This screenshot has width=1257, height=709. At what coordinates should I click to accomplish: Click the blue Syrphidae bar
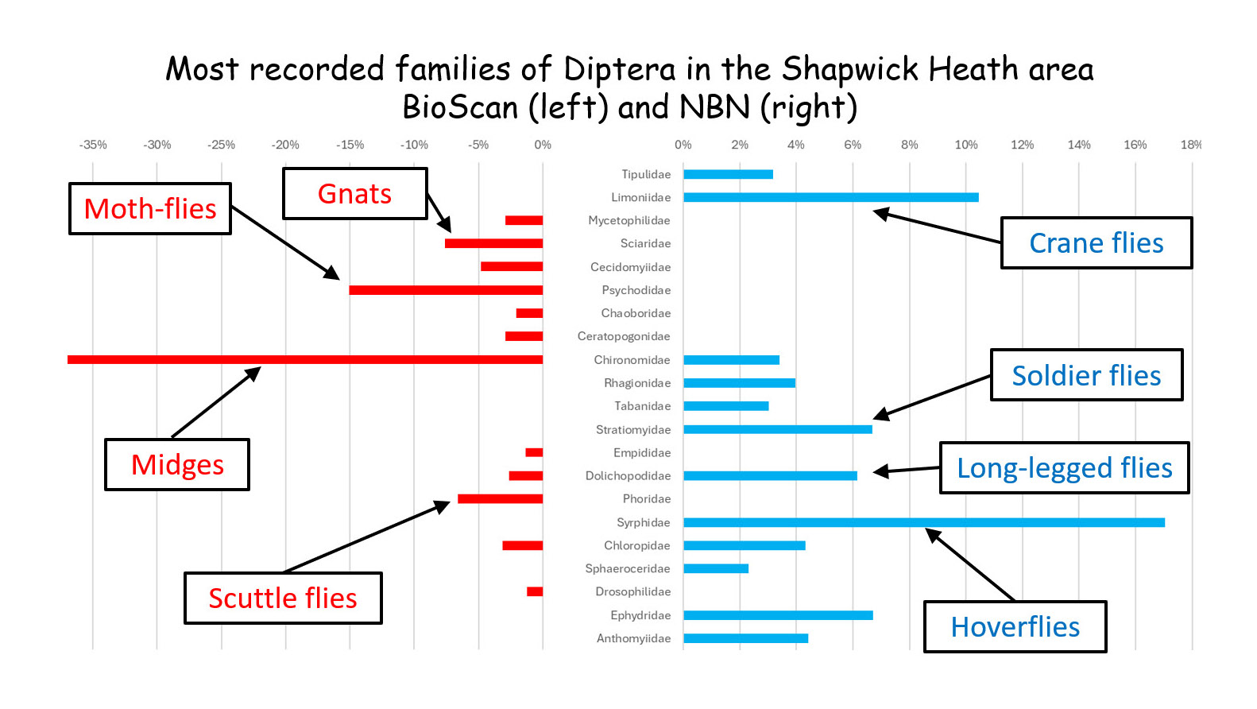(923, 522)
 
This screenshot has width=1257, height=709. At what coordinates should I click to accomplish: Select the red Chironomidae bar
(305, 359)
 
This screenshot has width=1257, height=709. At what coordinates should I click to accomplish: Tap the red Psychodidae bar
(446, 290)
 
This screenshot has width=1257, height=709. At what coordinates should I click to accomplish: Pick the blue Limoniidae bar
(830, 197)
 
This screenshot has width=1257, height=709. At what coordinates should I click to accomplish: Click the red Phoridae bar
(500, 499)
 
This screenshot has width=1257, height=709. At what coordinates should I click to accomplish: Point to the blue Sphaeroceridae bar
(715, 568)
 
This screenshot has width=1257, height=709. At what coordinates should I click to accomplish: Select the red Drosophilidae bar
(535, 591)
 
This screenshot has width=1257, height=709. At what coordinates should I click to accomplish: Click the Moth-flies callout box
(150, 209)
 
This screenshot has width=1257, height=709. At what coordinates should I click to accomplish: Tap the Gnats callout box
(354, 194)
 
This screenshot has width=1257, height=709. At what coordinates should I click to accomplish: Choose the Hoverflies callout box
(1015, 627)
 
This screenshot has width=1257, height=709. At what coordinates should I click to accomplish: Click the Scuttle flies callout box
(283, 599)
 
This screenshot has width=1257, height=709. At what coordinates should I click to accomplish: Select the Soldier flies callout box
(1086, 375)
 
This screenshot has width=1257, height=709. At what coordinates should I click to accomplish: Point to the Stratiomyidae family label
(633, 430)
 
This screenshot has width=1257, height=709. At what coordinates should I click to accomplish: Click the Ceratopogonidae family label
(624, 336)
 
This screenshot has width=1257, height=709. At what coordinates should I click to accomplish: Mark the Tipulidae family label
(646, 174)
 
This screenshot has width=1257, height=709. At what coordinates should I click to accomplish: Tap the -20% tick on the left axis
(285, 145)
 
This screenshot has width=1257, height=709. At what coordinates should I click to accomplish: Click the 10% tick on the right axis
(965, 145)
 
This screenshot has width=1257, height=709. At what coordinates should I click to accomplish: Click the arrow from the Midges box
(215, 402)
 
